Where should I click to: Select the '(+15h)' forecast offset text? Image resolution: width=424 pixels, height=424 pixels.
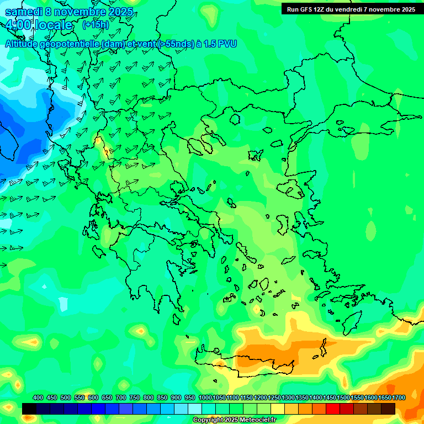tap(96, 25)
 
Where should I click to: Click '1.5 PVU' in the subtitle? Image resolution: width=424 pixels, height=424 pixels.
tap(220, 44)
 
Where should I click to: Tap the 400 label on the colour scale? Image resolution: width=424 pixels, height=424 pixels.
tap(38, 398)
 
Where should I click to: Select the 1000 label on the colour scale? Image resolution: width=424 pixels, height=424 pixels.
tap(205, 398)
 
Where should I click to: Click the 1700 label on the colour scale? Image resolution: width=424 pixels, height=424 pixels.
tap(399, 398)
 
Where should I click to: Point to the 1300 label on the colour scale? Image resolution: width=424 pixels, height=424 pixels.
tap(288, 398)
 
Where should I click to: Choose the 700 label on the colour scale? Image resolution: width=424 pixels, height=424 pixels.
tap(121, 398)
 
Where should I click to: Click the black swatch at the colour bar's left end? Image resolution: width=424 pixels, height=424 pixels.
tap(29, 409)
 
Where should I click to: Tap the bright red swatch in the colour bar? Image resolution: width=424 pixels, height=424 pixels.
tap(333, 409)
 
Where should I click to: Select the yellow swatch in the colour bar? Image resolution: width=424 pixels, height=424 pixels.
tap(278, 409)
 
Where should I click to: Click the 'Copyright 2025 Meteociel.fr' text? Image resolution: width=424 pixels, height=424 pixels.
tap(234, 420)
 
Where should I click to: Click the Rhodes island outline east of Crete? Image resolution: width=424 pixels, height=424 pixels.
tap(351, 322)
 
